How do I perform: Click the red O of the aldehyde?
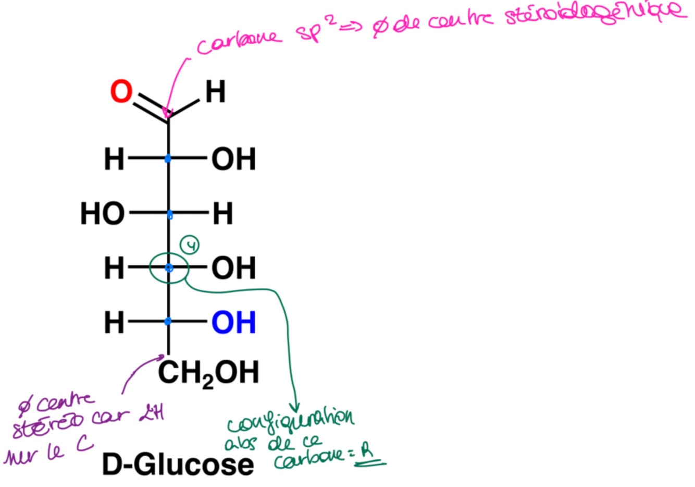(121, 92)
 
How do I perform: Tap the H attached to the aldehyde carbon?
(215, 92)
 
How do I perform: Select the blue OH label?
(233, 322)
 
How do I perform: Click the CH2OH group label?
(208, 373)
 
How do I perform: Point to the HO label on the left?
(103, 214)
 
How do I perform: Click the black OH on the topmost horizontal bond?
(233, 159)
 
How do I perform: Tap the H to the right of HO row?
(222, 214)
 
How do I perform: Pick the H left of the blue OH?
(114, 322)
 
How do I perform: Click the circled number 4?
(191, 245)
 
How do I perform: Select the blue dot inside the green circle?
(169, 268)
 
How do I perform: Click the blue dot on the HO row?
(169, 214)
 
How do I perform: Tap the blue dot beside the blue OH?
(168, 322)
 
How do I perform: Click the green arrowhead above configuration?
(295, 406)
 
